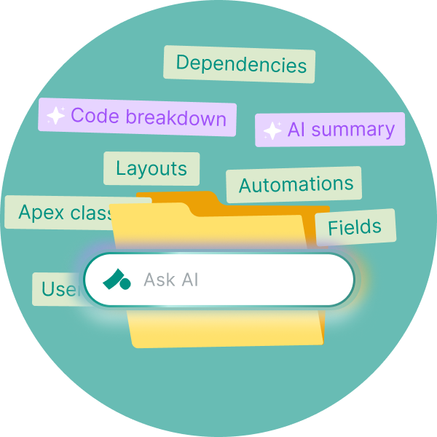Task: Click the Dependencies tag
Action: [x=240, y=65]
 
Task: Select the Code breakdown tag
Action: [x=138, y=117]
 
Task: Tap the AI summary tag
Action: [x=330, y=130]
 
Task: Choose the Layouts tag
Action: [x=151, y=169]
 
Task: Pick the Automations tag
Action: [x=296, y=185]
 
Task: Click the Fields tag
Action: [x=355, y=227]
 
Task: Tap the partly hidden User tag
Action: [x=55, y=289]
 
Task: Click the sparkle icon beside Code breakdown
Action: [x=55, y=116]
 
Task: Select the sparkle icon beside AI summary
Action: [x=272, y=131]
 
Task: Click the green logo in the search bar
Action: [x=116, y=279]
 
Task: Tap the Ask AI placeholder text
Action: [x=171, y=280]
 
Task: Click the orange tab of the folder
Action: [x=175, y=198]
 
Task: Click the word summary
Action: [x=352, y=130]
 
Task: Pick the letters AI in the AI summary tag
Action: [x=296, y=130]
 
